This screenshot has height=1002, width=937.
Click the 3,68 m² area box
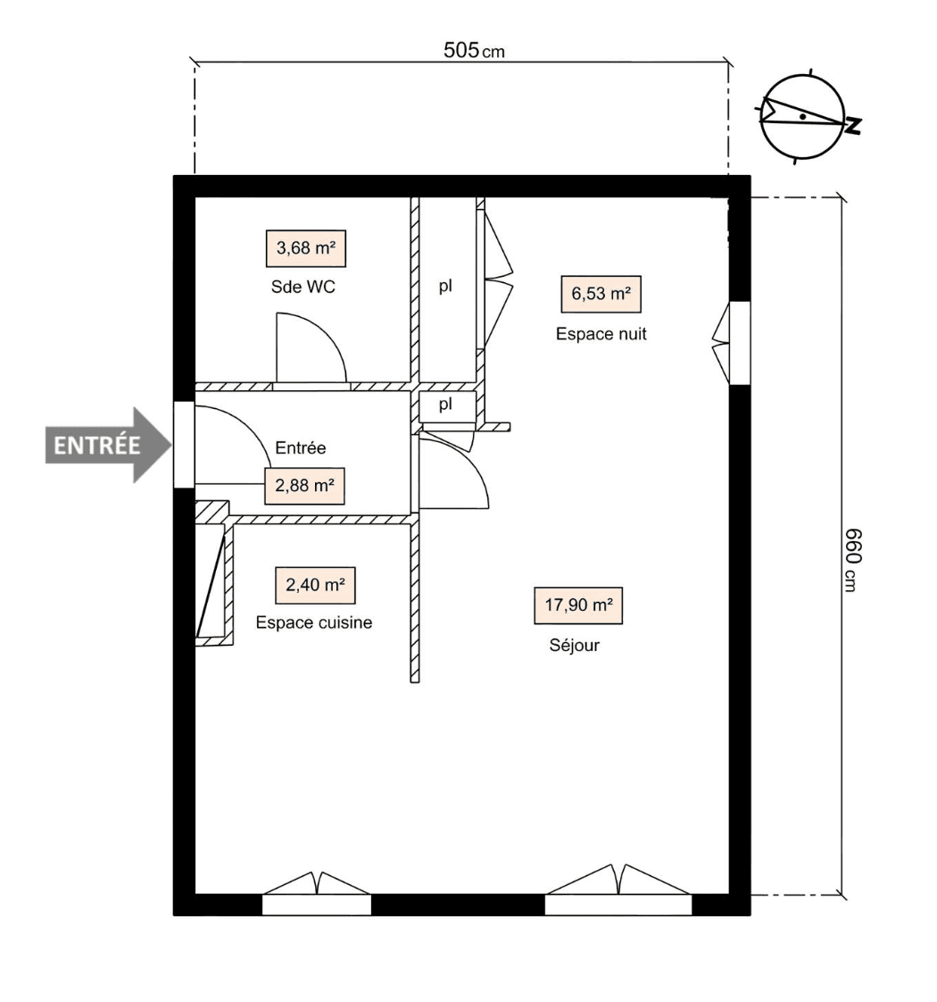point(305,248)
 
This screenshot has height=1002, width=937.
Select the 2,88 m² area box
point(304,487)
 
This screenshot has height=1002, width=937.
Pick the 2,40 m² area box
point(315,585)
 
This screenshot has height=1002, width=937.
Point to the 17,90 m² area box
point(577,605)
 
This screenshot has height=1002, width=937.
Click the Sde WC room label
point(303,288)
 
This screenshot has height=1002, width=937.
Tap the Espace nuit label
point(601,334)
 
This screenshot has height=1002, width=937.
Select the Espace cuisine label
point(313,622)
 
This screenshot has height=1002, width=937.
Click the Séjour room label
point(574,646)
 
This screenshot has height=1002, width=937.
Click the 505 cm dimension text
point(473,50)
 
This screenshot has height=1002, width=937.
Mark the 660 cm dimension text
point(851,558)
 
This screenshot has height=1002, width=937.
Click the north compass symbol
point(803,117)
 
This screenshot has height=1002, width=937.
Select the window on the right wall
point(739,343)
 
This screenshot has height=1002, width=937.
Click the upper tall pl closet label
point(444,288)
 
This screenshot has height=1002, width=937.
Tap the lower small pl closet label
point(444,405)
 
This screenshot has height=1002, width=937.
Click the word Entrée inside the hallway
point(301,448)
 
